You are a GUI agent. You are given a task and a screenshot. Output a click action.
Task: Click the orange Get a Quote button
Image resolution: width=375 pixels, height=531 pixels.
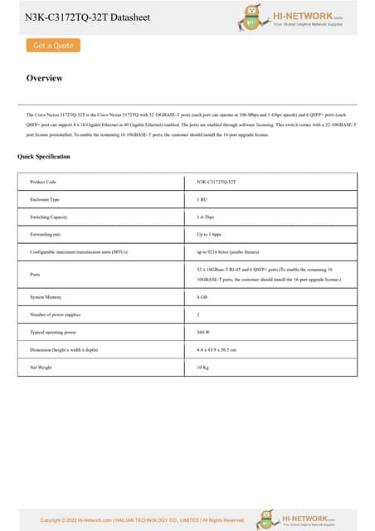[52, 46]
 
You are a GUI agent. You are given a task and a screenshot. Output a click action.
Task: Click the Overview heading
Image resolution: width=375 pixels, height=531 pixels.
[44, 79]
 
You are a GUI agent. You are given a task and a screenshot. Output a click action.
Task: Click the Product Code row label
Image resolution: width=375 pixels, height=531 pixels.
[43, 181]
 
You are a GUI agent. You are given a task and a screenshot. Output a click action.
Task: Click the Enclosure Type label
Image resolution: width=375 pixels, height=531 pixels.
[45, 199]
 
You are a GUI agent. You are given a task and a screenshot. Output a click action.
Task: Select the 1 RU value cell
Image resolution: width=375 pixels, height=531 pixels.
[202, 199]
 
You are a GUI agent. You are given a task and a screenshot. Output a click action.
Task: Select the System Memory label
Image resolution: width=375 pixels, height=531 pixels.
[46, 297]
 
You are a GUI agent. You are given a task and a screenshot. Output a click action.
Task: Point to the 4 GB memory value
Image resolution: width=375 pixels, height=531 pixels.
[202, 297]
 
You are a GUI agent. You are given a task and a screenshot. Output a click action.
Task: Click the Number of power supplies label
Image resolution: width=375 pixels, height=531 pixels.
[56, 314]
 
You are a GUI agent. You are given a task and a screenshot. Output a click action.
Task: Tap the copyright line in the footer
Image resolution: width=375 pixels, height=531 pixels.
[142, 520]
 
